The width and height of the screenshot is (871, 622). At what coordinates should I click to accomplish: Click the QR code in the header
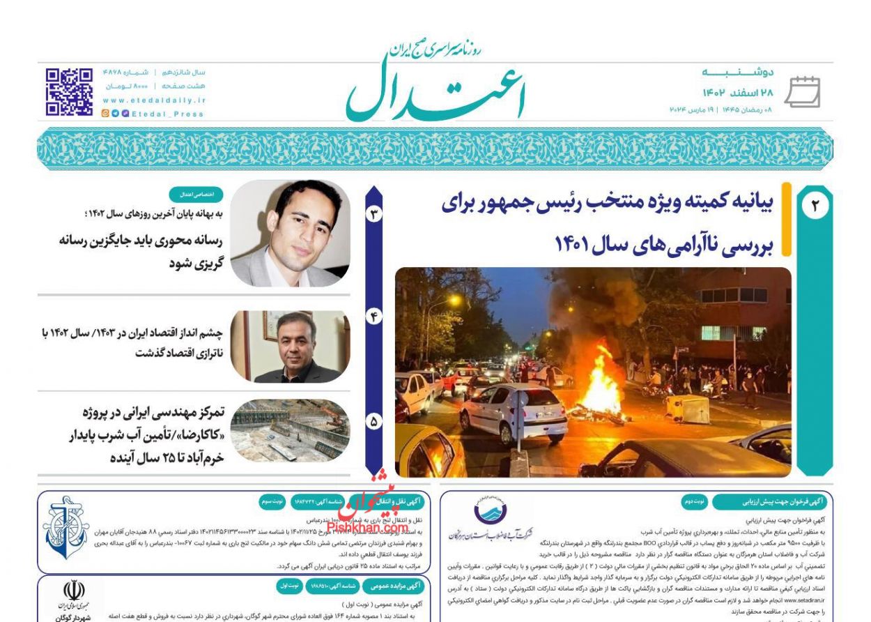point(69,91)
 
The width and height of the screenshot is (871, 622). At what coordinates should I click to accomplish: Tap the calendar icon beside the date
point(803,92)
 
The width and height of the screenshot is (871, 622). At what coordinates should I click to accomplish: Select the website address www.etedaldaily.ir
point(153,100)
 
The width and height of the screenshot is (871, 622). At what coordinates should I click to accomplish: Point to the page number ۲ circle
point(815,206)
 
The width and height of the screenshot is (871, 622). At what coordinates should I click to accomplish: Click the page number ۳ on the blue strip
point(374,214)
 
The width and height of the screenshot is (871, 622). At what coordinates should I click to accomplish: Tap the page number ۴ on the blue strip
point(374,317)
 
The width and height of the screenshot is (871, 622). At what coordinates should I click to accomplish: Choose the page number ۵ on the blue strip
point(374,421)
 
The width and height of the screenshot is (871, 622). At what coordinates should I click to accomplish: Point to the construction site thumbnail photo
point(290,430)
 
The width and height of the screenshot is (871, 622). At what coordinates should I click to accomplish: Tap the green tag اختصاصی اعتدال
point(196,195)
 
